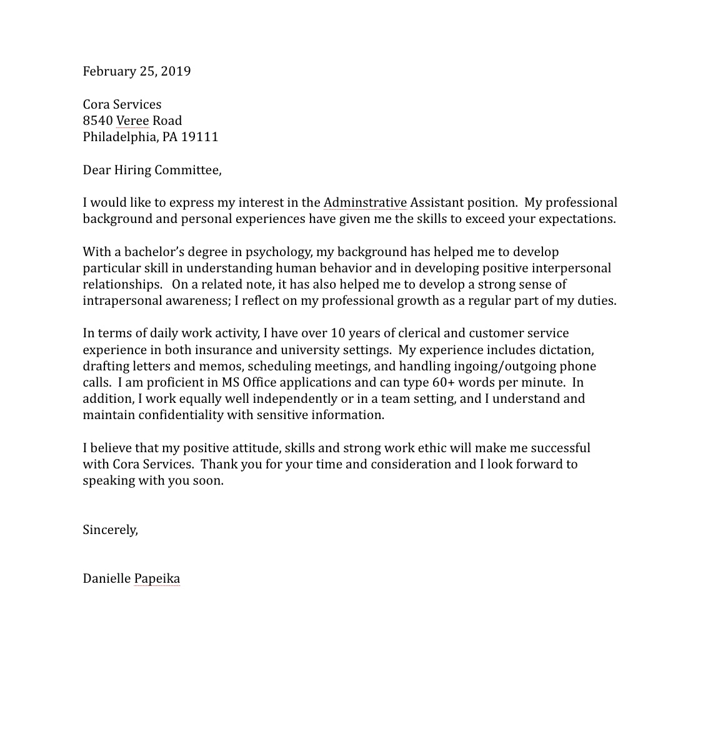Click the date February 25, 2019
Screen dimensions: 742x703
click(136, 71)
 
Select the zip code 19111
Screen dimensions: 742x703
click(199, 137)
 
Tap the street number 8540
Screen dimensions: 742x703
click(97, 121)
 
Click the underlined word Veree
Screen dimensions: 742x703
click(132, 121)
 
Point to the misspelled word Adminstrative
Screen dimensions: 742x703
click(365, 202)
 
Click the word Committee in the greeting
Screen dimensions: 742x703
click(187, 170)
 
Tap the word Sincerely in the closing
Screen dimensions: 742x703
click(110, 530)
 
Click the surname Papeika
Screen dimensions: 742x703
click(157, 578)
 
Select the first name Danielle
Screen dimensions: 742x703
click(106, 578)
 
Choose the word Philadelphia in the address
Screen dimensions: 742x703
click(120, 137)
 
